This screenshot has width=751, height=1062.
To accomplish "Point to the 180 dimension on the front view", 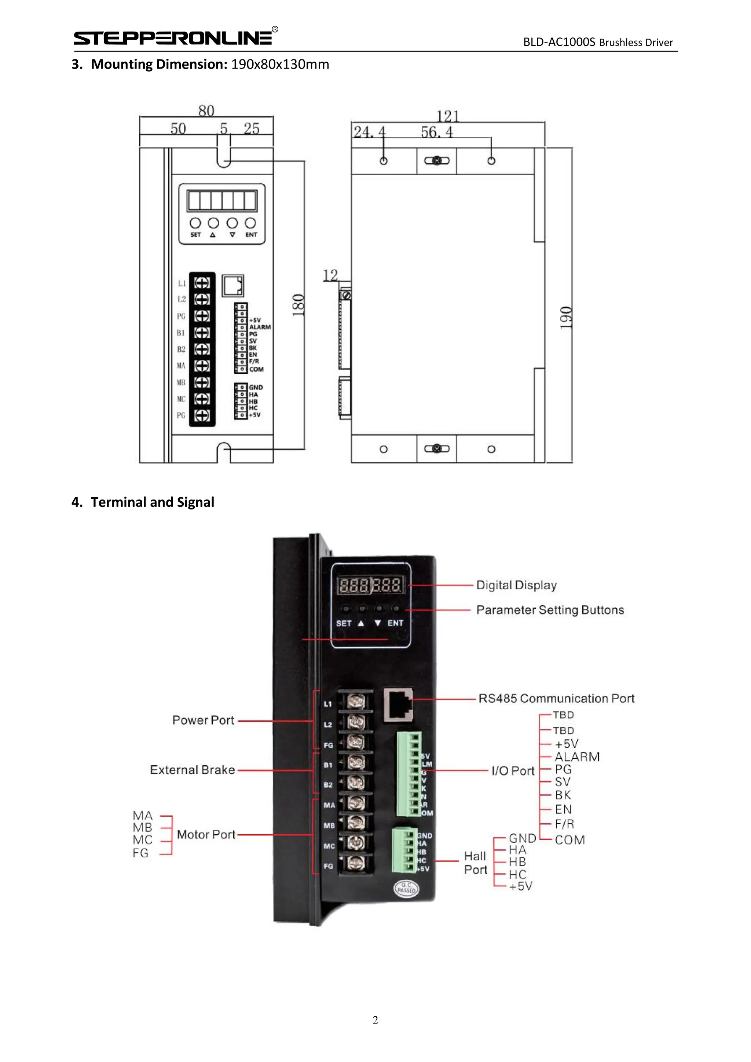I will point(299,305).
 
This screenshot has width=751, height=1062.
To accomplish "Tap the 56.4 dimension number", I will point(436,132).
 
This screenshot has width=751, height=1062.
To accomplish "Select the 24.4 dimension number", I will point(369,132).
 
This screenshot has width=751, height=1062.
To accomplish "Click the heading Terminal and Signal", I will point(152,502).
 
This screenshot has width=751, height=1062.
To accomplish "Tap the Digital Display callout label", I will point(516,585).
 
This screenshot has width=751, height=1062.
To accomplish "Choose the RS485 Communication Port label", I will point(556,699).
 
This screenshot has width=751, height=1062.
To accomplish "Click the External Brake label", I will point(193,770).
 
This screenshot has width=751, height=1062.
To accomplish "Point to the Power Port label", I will point(203,720).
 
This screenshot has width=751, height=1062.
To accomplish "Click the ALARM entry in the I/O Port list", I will point(577,757).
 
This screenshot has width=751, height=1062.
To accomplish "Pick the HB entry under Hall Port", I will point(517,862).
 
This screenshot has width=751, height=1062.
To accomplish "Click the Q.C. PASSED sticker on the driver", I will point(406,887).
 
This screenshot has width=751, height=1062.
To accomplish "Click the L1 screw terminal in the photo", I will point(355,702).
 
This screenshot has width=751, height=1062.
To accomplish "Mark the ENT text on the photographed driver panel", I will point(395,623).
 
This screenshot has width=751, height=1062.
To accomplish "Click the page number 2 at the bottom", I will point(375,1020).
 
